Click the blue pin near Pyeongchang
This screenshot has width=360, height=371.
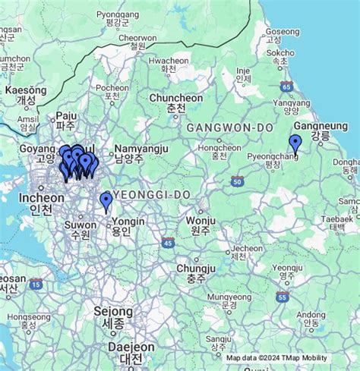pos(295,143)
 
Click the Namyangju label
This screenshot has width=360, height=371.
pos(141,150)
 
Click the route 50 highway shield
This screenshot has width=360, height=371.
pos(238,181)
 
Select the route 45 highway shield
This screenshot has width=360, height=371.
pos(168,242)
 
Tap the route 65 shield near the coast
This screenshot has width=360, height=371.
pos(286,86)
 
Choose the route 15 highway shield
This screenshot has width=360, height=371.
pos(36,285)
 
